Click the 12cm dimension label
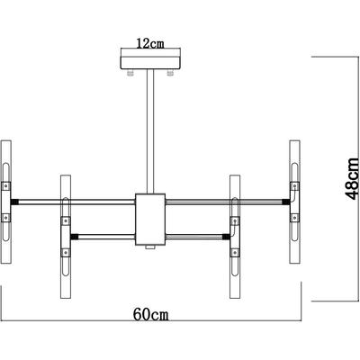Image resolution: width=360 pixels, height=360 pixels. [x=150, y=44]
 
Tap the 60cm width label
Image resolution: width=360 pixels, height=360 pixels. [x=150, y=315]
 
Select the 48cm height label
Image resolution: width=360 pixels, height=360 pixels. [x=352, y=178]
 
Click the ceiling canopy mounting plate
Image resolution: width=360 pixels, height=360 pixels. [x=150, y=63]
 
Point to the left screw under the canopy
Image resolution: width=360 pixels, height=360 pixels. [x=130, y=73]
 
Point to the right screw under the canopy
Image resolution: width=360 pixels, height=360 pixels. [x=170, y=73]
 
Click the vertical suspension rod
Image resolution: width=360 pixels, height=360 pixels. [x=150, y=131]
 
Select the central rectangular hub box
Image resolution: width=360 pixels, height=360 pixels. [x=150, y=220]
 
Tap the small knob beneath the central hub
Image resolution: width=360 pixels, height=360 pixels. [x=150, y=247]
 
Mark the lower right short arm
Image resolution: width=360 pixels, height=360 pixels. [x=194, y=237]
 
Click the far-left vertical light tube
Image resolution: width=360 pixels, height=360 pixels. [x=6, y=202]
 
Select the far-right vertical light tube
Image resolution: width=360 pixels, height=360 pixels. [x=295, y=202]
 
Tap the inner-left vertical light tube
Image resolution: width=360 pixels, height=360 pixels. [x=66, y=237]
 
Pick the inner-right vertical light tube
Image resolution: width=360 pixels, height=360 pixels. [x=235, y=237]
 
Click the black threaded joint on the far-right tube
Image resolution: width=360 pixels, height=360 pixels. [x=286, y=202]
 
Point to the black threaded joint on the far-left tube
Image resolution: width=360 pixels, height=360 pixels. [x=14, y=202]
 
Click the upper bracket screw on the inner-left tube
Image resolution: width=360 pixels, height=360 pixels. [x=66, y=221]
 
